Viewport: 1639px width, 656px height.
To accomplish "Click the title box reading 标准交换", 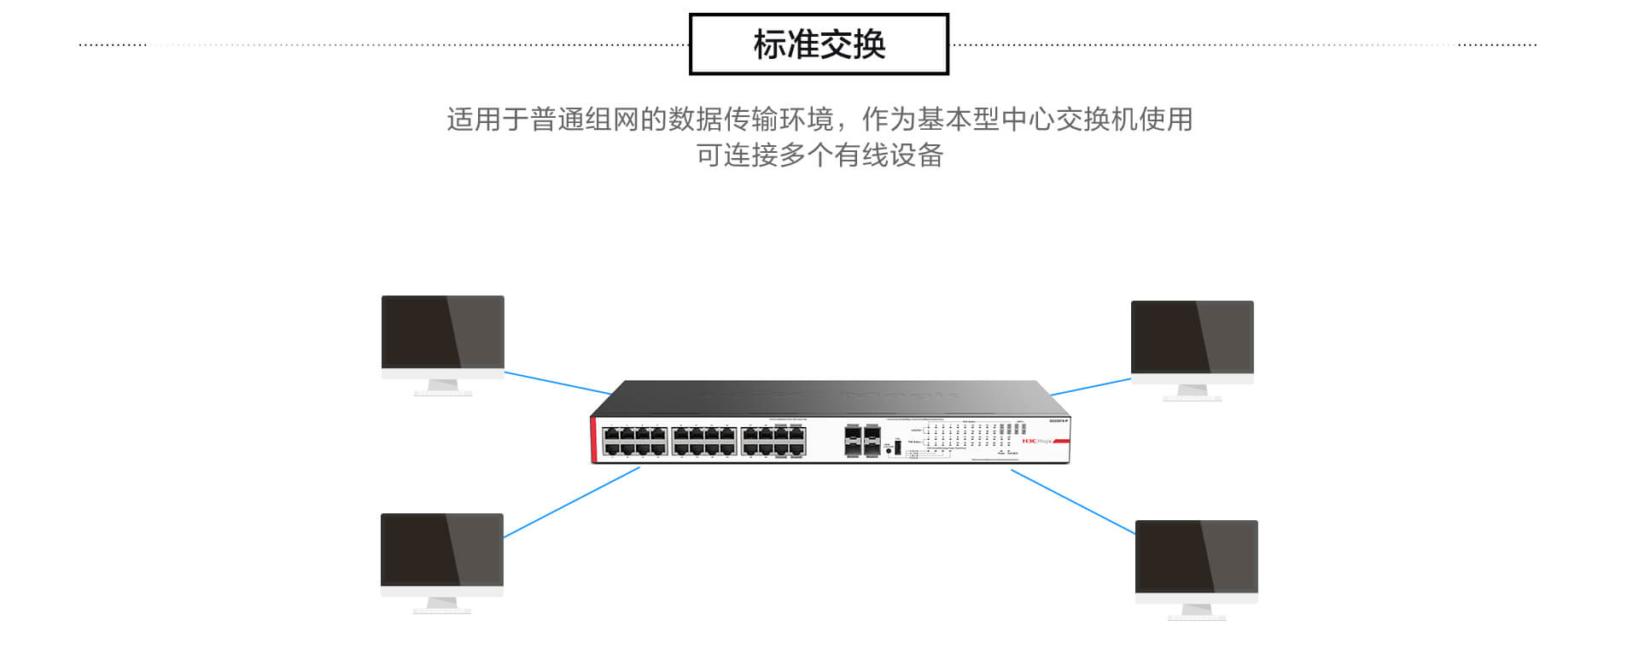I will pos(819,44).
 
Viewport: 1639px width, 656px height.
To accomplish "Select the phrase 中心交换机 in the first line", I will pos(1069,120).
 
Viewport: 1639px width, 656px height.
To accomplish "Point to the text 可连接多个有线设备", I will pos(819,155).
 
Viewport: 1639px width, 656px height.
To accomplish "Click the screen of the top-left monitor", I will pos(442,332).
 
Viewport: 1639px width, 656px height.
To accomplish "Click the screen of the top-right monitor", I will pos(1192,337).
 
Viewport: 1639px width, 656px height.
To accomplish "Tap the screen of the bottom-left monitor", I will pos(441,549).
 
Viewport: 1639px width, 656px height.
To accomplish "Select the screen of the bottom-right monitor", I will pos(1196,556).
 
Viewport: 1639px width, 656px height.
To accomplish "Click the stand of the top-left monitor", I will pos(443,387).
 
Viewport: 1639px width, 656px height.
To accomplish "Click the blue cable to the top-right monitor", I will pos(1090,387).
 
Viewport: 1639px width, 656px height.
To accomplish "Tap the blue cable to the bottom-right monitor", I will pos(1072,502).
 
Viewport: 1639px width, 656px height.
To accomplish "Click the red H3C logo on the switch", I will pos(1029,441).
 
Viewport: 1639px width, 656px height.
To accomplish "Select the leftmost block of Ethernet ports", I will pos(634,441).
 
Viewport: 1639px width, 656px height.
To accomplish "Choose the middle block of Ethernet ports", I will pos(703,441).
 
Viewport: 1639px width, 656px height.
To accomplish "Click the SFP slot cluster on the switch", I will pos(862,441).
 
